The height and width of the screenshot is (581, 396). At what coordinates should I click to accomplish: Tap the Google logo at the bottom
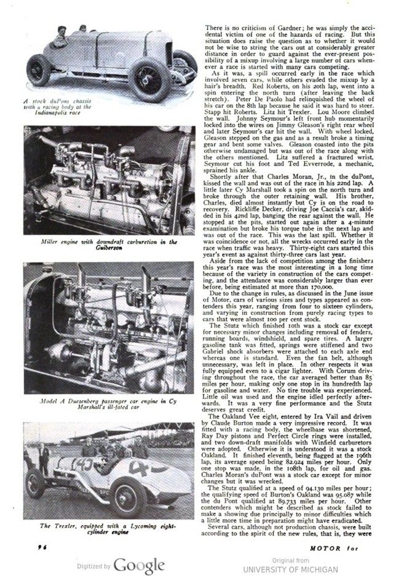pyautogui.click(x=139, y=566)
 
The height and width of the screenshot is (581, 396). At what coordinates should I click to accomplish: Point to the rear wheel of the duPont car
pyautogui.click(x=40, y=69)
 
